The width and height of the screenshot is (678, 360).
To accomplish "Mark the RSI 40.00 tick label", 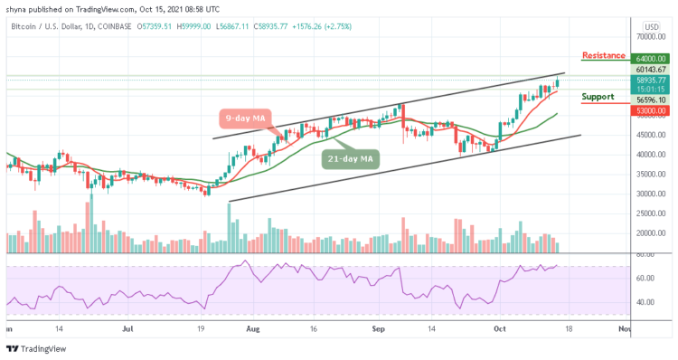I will click(645, 302).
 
